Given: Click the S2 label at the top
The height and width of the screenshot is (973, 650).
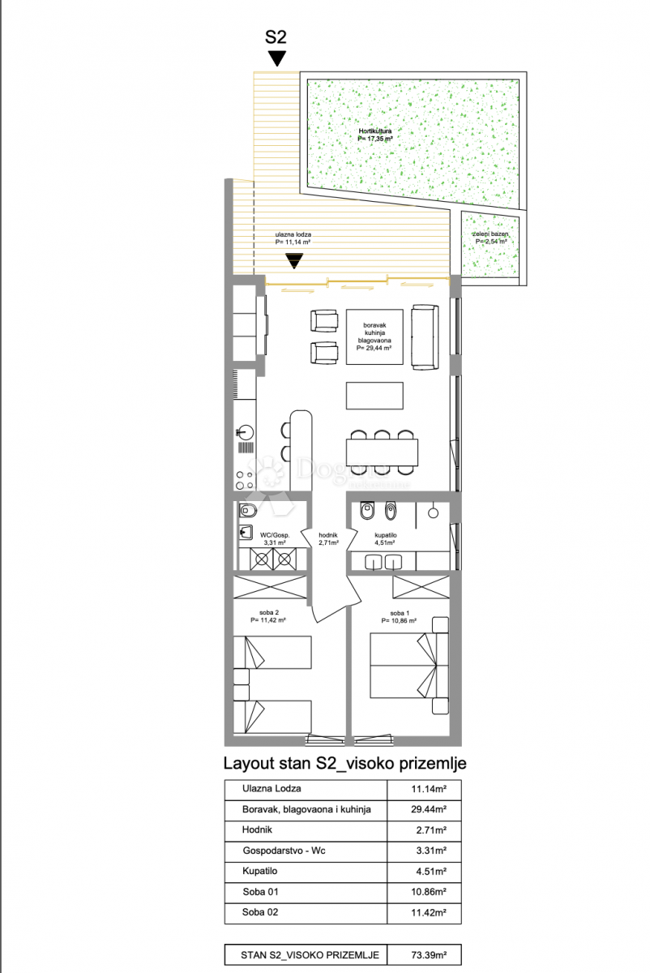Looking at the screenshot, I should (x=276, y=36).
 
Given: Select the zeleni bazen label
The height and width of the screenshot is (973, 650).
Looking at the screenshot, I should (x=491, y=238).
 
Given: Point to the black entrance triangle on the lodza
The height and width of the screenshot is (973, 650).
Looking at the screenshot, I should (x=293, y=260).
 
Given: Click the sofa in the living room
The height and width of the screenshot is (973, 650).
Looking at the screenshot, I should (x=425, y=336).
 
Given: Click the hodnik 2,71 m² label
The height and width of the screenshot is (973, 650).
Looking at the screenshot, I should (x=328, y=539).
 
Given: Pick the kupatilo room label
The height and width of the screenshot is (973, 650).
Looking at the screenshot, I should (x=397, y=539).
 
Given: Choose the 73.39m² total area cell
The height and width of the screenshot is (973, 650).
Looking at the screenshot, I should (x=425, y=954).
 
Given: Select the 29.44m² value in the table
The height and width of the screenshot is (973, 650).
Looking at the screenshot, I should (x=425, y=809).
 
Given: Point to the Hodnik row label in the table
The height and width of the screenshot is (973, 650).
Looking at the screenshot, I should (x=258, y=830).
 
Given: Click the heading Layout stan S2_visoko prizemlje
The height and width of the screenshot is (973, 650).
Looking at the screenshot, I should (x=344, y=763).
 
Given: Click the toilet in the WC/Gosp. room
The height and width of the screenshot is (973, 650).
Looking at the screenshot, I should (x=249, y=511).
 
